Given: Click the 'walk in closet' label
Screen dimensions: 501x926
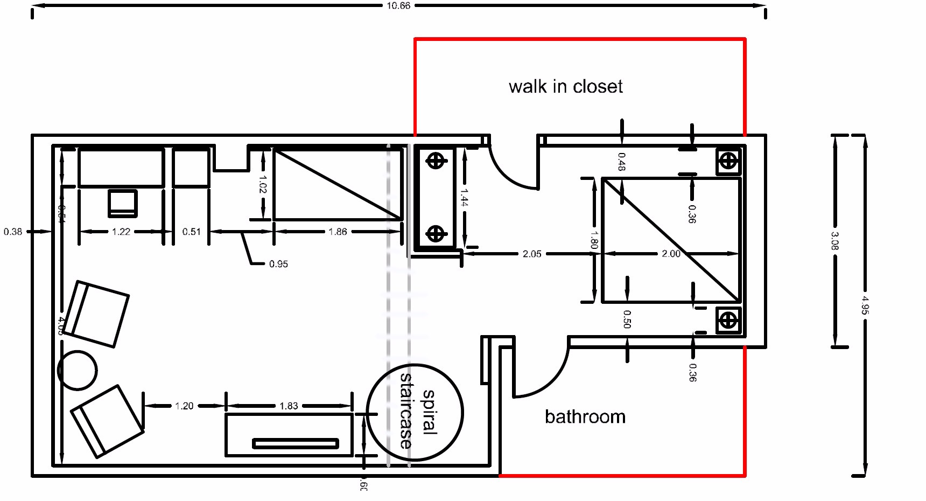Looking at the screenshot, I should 565,87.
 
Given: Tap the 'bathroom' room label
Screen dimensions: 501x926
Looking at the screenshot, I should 585,417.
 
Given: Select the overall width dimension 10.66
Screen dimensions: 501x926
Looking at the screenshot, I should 398,6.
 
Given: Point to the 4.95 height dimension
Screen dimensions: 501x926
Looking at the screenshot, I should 865,305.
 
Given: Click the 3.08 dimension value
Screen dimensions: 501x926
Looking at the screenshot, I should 834,241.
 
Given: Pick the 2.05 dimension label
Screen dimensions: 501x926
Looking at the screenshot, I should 532,254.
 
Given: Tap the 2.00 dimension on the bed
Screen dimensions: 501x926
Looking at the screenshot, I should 671,254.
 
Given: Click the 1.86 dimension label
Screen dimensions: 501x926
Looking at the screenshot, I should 338,232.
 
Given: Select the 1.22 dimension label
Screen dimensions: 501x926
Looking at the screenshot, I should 121,232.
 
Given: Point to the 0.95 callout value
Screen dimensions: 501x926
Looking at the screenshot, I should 278,264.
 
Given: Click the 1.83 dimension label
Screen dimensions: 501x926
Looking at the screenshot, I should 289,406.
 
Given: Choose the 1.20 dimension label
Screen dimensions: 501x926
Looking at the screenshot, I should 184,406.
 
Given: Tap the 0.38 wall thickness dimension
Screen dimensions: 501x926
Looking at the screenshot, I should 13,232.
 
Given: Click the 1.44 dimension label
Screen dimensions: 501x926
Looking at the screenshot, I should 464,197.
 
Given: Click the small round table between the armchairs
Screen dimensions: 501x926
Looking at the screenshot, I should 78,370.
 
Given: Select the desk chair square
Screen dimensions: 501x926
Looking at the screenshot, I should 123,203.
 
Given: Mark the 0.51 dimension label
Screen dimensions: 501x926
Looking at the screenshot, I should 191,232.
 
